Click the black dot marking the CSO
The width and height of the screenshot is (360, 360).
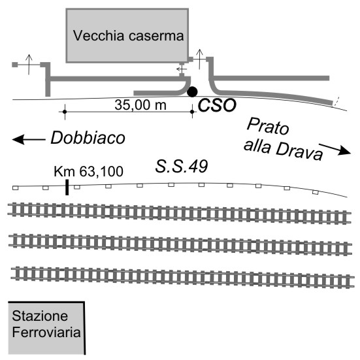tap(192, 92)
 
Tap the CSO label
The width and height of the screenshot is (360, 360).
tap(217, 105)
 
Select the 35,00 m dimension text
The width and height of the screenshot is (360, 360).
tap(140, 105)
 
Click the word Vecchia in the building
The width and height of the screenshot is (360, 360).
tap(99, 35)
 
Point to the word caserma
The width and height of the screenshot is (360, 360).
tap(156, 37)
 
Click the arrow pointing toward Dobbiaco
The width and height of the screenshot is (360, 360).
tap(29, 139)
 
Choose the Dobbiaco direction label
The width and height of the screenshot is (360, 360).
tap(88, 138)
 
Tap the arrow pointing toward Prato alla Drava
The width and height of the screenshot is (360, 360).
tap(335, 149)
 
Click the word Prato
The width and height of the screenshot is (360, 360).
tap(268, 126)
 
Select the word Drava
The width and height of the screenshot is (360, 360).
tap(299, 152)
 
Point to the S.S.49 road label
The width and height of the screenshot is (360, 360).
tap(182, 166)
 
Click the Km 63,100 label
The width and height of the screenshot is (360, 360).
tap(88, 171)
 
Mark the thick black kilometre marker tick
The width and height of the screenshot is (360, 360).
tap(67, 188)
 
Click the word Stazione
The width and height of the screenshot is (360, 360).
tap(40, 316)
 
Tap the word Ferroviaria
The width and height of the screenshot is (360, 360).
tap(46, 332)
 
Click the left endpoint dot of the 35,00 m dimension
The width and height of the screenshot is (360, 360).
tap(65, 112)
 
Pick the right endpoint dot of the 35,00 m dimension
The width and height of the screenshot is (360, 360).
tap(192, 112)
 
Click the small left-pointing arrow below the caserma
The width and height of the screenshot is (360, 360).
tap(182, 69)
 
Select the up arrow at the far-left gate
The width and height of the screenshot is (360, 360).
tap(29, 64)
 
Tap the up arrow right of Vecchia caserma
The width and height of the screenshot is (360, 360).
tap(199, 59)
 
